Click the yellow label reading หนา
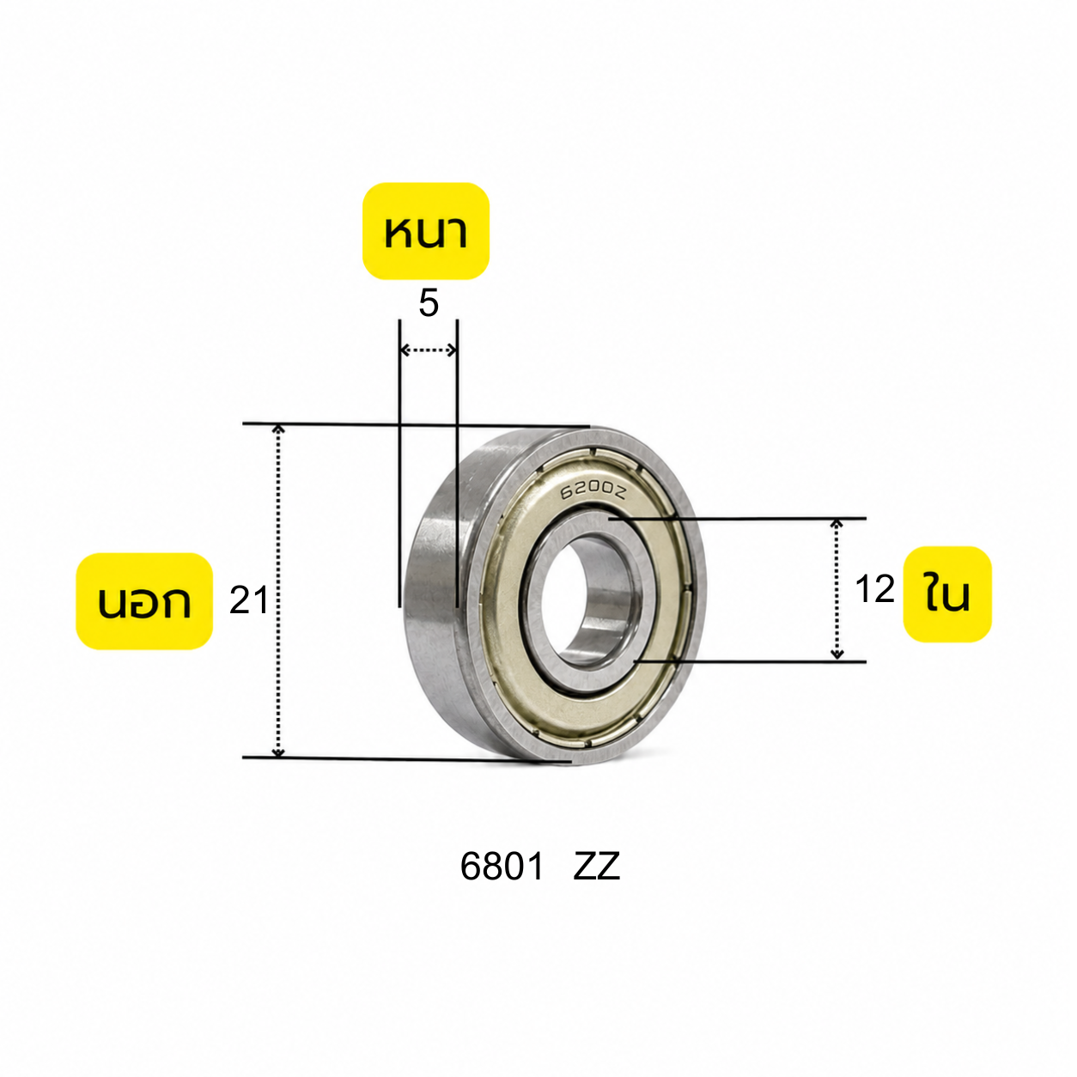pyautogui.click(x=426, y=231)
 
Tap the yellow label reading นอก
pyautogui.click(x=144, y=601)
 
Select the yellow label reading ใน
pyautogui.click(x=947, y=594)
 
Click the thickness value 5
pyautogui.click(x=429, y=304)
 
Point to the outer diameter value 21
pyautogui.click(x=249, y=601)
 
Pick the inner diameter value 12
pyautogui.click(x=874, y=589)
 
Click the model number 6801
pyautogui.click(x=502, y=867)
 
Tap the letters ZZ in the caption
pyautogui.click(x=596, y=867)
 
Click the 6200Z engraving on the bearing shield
pyautogui.click(x=594, y=490)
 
